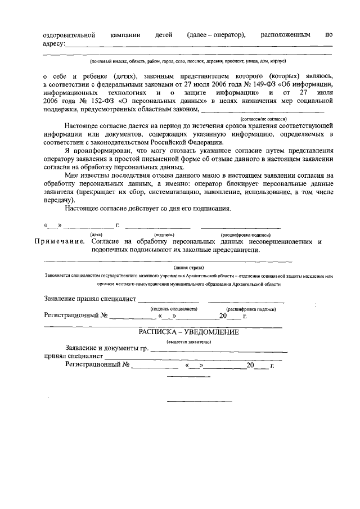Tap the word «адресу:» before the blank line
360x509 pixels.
pyautogui.click(x=54, y=43)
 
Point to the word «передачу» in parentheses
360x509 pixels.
pyautogui.click(x=58, y=200)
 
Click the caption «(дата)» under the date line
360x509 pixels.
pyautogui.click(x=96, y=234)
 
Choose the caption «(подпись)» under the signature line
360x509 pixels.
pyautogui.click(x=164, y=234)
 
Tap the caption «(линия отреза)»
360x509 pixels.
pyautogui.click(x=188, y=268)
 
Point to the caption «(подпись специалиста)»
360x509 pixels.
pyautogui.click(x=173, y=309)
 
